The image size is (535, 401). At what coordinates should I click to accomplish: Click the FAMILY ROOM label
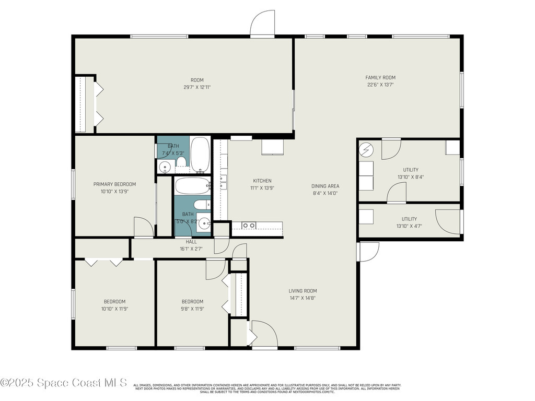[x=380, y=78]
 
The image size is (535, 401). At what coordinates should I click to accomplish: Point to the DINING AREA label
[x=325, y=186]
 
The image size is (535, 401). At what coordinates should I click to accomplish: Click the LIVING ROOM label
[x=303, y=291]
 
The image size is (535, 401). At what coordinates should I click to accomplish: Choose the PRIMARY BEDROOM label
[x=114, y=184]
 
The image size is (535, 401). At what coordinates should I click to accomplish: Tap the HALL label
[x=191, y=242]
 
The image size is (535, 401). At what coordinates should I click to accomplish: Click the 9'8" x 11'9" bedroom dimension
[x=192, y=309]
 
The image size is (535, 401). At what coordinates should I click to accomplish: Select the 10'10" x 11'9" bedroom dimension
[x=114, y=309]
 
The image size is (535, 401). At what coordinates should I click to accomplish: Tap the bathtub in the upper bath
[x=200, y=154]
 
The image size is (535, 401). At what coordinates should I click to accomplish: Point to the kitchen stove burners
[x=249, y=226]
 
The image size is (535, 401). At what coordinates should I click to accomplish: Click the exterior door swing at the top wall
[x=262, y=23]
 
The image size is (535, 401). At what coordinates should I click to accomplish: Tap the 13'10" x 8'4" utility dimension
[x=410, y=177]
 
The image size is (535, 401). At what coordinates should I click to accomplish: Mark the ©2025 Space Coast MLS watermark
[x=64, y=383]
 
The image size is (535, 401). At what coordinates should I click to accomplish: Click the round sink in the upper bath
[x=165, y=168]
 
